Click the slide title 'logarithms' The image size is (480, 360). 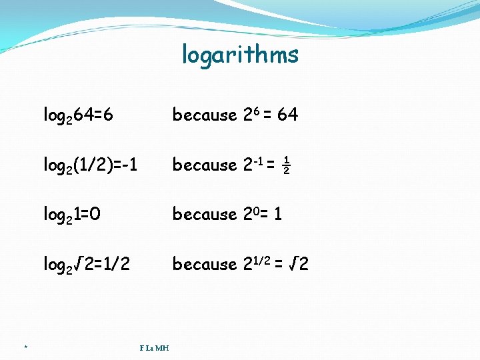click(x=240, y=55)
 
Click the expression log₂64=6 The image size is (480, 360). click(x=78, y=115)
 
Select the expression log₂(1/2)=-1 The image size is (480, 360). click(x=91, y=165)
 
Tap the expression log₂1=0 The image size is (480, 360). click(x=72, y=215)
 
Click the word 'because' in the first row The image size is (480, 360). click(x=205, y=115)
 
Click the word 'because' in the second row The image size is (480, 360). click(x=205, y=165)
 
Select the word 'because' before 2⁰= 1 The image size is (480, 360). click(x=205, y=215)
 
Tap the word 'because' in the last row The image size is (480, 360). click(x=205, y=265)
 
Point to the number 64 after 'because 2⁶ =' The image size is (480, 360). click(x=287, y=115)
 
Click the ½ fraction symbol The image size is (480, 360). click(x=286, y=165)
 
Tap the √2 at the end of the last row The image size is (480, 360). click(x=299, y=265)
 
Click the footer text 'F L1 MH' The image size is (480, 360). click(x=154, y=347)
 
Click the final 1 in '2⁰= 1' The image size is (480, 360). click(x=278, y=215)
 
